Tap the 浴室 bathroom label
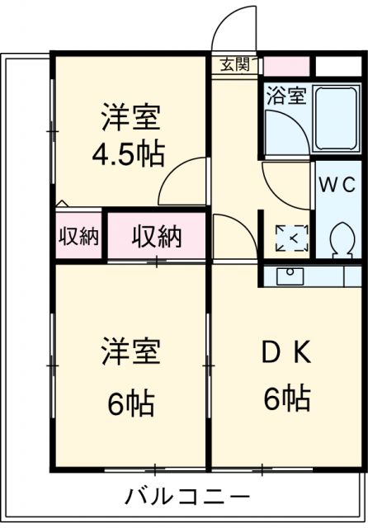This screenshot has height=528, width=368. tap(285, 95)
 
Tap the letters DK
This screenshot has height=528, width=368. tap(286, 352)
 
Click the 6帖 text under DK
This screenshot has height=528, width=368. tap(286, 399)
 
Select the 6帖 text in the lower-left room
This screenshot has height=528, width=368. tap(130, 403)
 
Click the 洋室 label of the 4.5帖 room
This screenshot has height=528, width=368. tap(130, 115)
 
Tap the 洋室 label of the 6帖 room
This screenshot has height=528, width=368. tap(130, 352)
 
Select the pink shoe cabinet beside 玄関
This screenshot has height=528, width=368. tap(285, 64)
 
